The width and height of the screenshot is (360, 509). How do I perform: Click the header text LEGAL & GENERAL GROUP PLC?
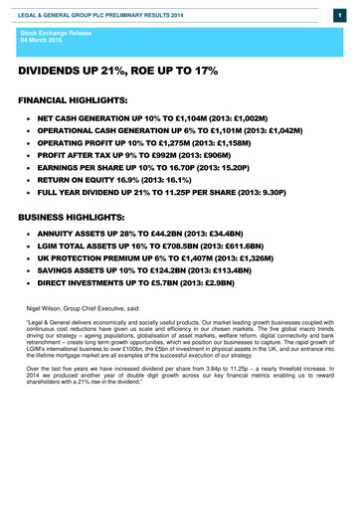coord(60,9)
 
